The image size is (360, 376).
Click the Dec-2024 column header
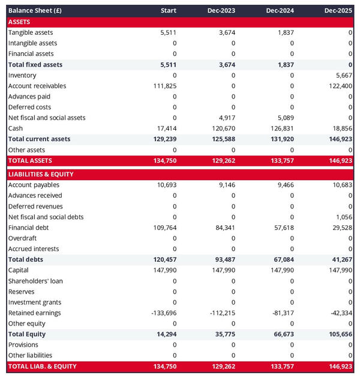pyautogui.click(x=280, y=11)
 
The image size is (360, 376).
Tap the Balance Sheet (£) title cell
pyautogui.click(x=35, y=11)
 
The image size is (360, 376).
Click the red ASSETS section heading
pyautogui.click(x=19, y=22)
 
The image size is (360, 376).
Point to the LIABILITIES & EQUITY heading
pyautogui.click(x=41, y=174)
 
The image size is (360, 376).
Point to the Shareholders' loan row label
pyautogui.click(x=35, y=281)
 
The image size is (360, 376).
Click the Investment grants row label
pyautogui.click(x=35, y=302)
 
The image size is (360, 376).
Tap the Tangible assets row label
pyautogui.click(x=31, y=32)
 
